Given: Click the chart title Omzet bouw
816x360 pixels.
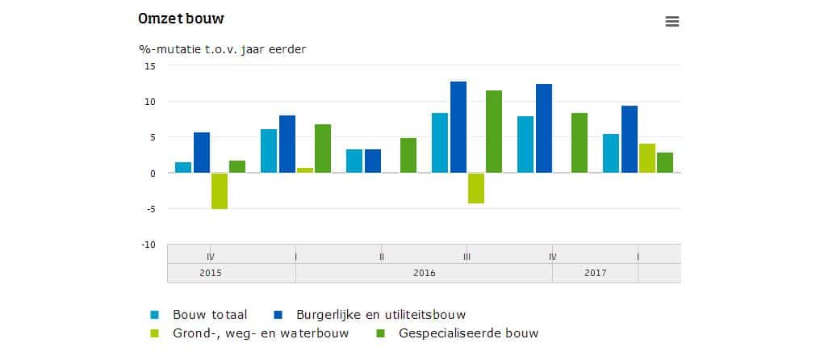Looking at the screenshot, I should coord(181,19).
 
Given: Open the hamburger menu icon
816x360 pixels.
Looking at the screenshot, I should coord(672,22).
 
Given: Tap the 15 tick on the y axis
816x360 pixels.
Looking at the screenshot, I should coord(149,66).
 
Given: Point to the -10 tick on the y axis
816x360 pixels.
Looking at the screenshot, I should coord(148,245).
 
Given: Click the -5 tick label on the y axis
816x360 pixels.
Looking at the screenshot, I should coord(149,209).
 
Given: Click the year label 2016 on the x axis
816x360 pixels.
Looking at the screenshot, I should coord(424,274).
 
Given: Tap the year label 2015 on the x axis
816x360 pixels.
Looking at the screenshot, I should coord(211,274).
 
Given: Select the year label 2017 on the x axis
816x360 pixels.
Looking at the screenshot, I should coord(595,274).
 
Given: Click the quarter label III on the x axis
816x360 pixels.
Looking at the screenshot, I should coord(467,257).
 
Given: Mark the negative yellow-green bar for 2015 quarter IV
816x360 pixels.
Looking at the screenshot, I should coord(220,190).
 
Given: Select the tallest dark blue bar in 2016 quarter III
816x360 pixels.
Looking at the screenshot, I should coord(458,127).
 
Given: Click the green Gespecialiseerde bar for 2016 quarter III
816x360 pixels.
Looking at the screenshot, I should coord(493,132).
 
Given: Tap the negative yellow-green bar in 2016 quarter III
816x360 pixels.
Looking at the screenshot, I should coord(476,188).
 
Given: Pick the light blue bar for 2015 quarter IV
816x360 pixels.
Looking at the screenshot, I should coord(183,167).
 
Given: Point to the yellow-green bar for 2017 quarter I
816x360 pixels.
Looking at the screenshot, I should coord(647,158).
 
